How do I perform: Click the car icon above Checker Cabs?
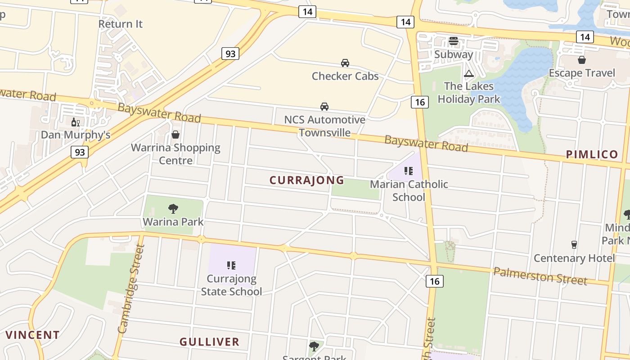tap(345, 63)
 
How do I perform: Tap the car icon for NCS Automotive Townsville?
tap(324, 107)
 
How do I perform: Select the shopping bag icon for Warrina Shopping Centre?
tap(175, 135)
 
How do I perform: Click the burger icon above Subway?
tap(454, 41)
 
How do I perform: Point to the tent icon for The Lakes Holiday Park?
tap(469, 73)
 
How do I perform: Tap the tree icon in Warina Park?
tap(173, 208)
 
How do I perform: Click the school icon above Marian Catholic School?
tap(409, 171)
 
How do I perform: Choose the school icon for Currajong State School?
tap(231, 265)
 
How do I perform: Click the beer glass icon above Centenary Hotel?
tap(574, 245)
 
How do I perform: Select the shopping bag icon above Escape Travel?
tap(582, 60)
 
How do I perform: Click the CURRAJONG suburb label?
tap(307, 180)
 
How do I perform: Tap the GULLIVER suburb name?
tap(209, 342)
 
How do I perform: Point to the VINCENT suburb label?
tap(32, 335)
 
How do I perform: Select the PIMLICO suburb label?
tap(592, 154)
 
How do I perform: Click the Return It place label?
tap(120, 24)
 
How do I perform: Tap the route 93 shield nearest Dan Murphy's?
tap(80, 152)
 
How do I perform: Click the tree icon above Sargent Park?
tap(314, 346)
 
